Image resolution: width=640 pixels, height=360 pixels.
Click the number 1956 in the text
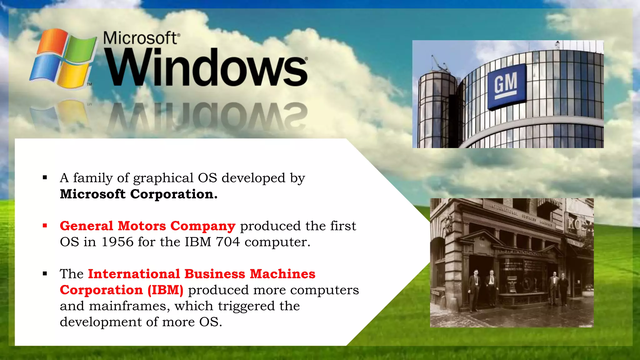coord(117,242)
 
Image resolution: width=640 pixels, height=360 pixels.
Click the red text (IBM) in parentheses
coord(165,290)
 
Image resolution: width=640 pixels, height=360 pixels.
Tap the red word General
coord(87,226)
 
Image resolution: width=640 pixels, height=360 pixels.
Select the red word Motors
coord(142,226)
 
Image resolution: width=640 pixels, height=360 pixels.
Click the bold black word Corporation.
coord(173,194)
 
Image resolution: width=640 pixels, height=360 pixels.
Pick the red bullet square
coord(45,226)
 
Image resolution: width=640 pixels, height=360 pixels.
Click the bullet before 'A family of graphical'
coord(45,178)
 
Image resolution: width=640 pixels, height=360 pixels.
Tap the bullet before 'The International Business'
coord(45,274)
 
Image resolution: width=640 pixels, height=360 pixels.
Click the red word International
coord(134,274)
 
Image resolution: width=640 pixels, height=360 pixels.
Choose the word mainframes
coord(129,306)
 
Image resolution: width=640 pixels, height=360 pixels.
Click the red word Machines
coord(282,274)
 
